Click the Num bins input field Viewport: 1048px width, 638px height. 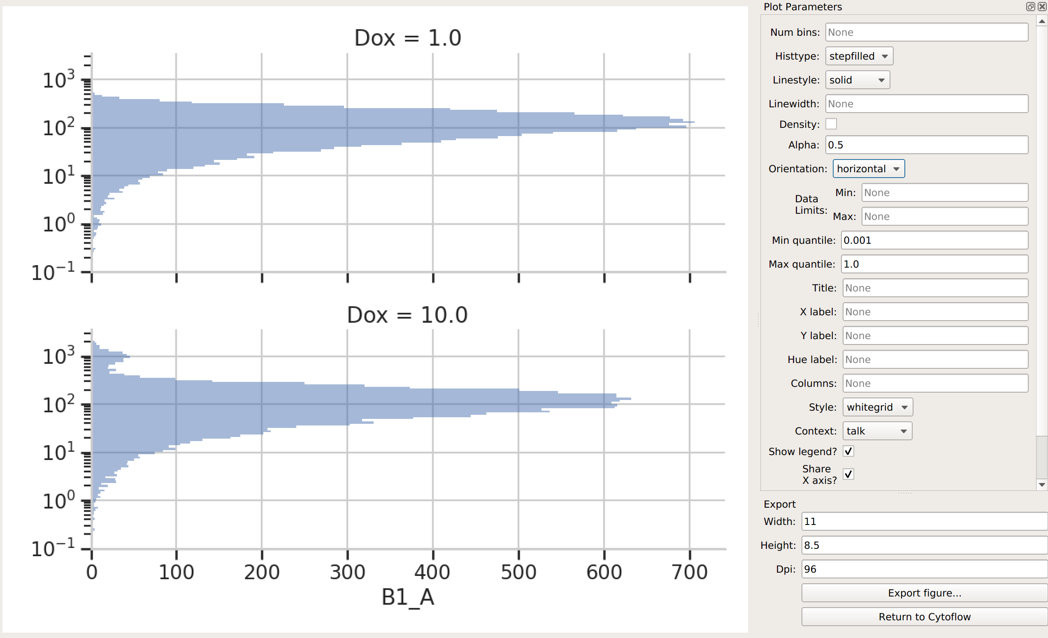(926, 32)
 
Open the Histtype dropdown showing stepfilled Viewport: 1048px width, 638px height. (859, 56)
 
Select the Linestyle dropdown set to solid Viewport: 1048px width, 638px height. (857, 80)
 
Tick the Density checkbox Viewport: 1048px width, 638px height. (831, 124)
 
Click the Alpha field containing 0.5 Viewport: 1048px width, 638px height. (926, 145)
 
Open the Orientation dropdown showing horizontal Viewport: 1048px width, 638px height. (869, 169)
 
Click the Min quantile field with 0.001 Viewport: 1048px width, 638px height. (934, 240)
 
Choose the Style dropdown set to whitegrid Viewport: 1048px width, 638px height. (877, 407)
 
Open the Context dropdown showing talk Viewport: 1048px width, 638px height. (877, 431)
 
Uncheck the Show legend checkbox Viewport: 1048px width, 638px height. (848, 451)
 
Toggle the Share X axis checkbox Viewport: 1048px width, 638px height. (848, 474)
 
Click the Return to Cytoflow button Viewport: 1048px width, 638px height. (924, 617)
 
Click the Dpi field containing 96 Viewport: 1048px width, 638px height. (924, 569)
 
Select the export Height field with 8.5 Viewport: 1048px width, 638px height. (924, 546)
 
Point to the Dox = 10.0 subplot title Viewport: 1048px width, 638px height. (407, 315)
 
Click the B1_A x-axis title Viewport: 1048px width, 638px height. (407, 597)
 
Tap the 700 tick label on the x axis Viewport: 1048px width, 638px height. (690, 572)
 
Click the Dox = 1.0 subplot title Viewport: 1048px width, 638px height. (407, 38)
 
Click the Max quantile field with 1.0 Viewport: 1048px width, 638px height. (934, 264)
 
